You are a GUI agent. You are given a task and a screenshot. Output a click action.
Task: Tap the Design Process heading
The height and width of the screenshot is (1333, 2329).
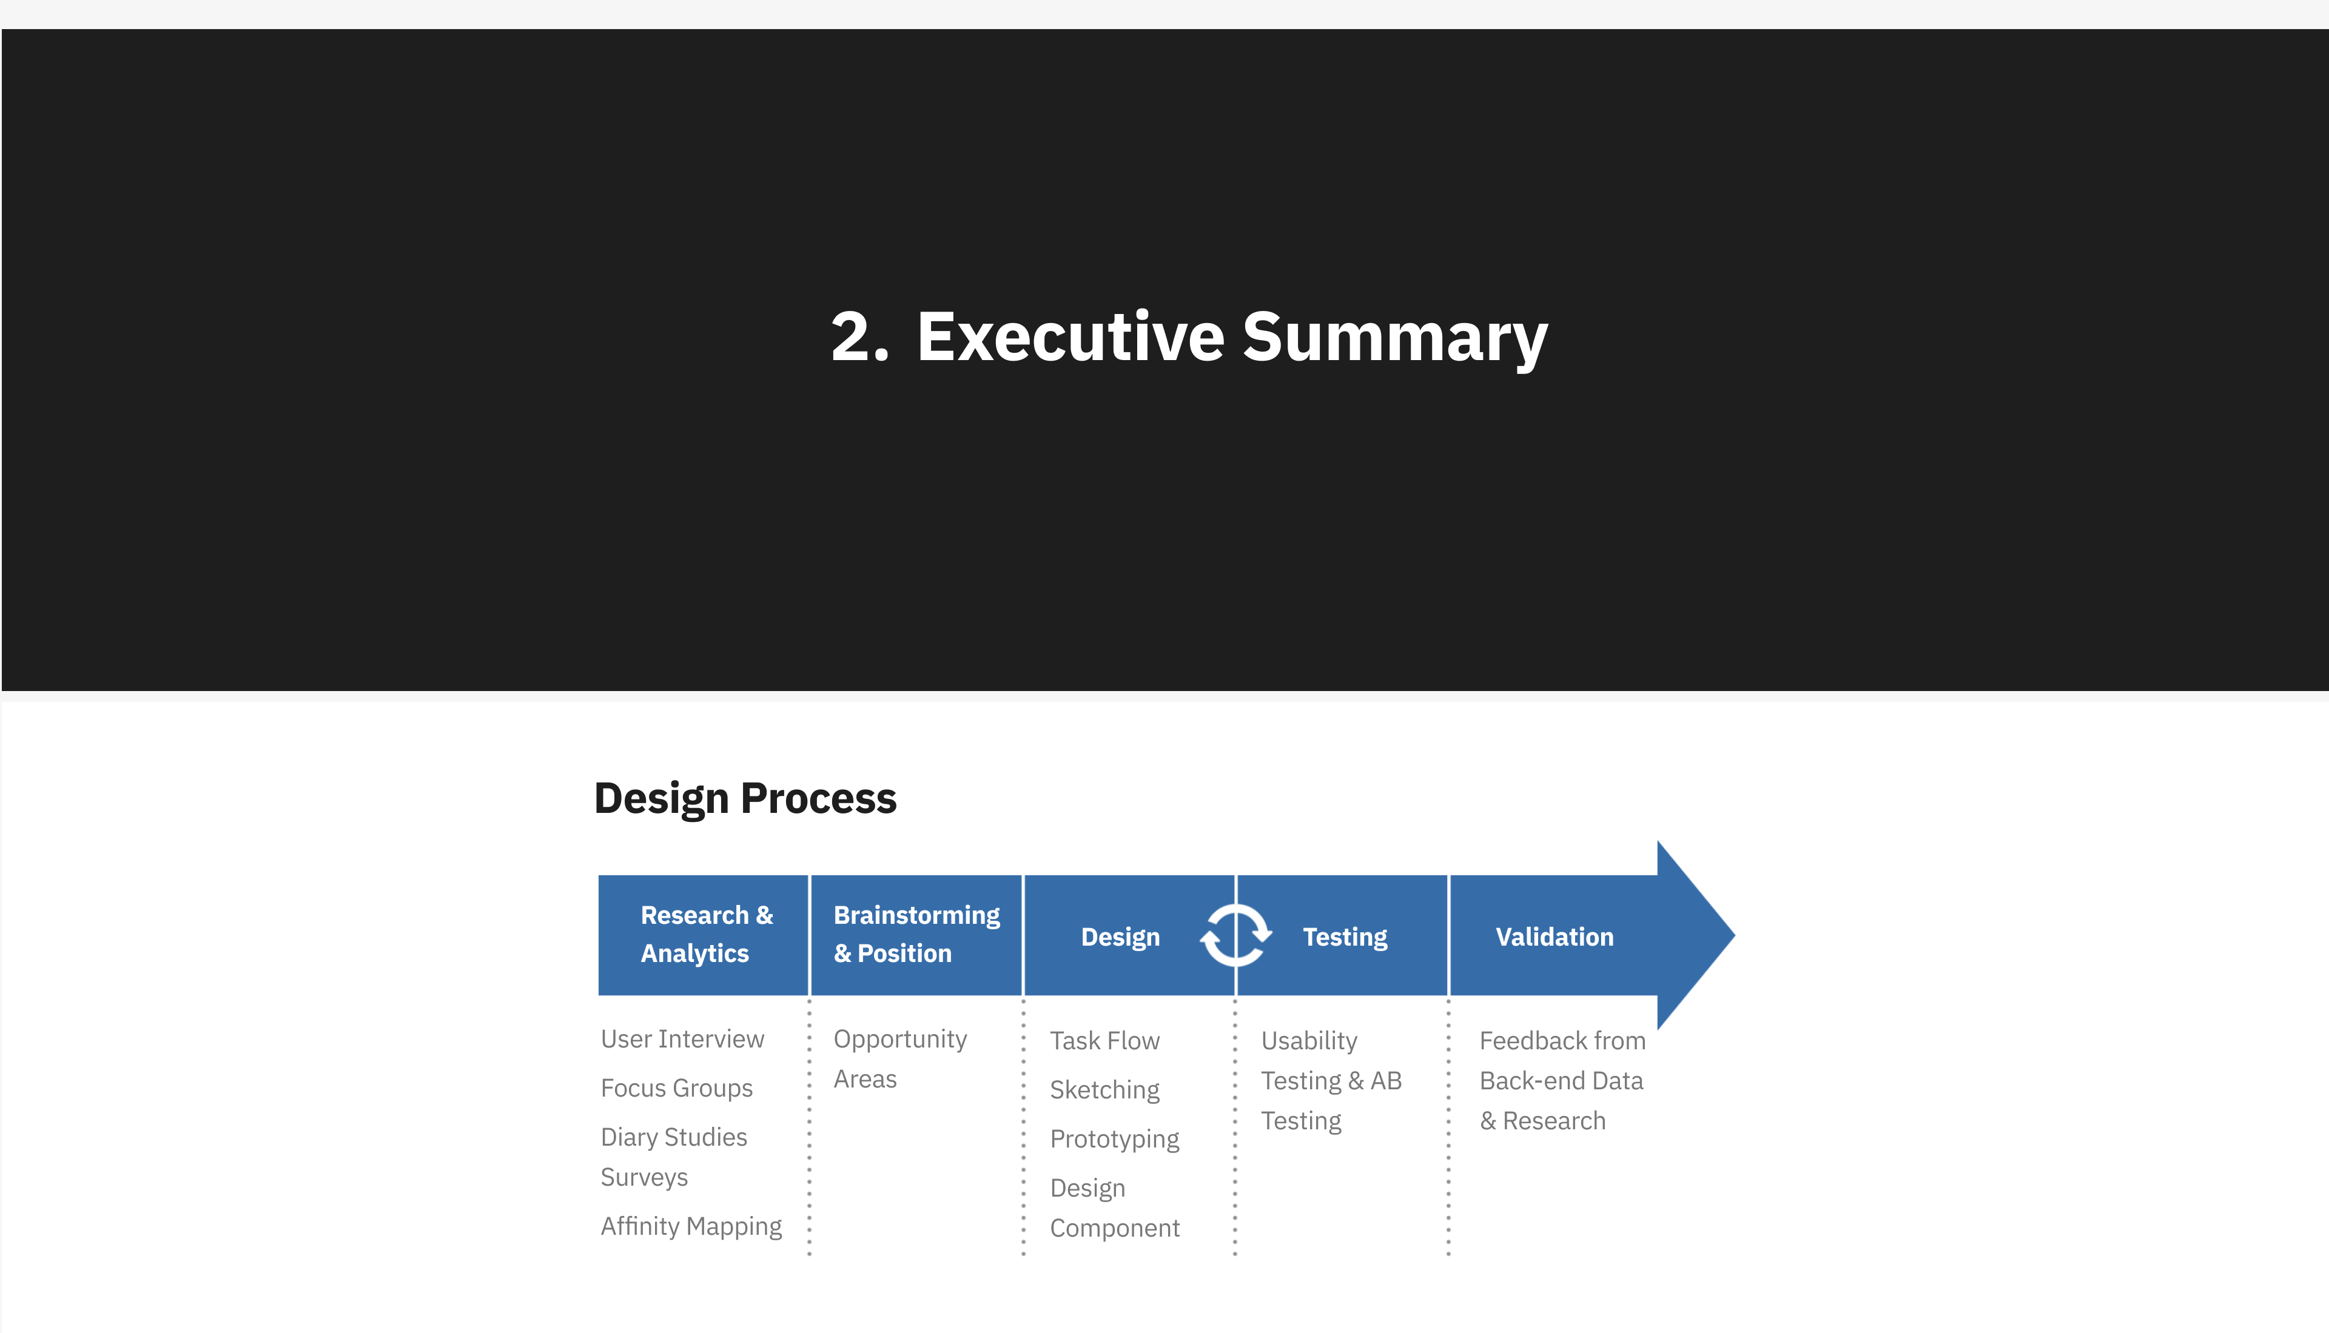745,798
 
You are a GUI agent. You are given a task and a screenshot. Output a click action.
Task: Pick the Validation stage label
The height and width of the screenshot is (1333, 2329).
1554,937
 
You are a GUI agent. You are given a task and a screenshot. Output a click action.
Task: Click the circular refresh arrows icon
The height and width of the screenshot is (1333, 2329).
1235,935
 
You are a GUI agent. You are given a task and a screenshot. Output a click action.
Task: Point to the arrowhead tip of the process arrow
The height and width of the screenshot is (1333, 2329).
1733,935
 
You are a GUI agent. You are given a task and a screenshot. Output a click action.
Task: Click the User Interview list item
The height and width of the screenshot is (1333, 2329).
682,1039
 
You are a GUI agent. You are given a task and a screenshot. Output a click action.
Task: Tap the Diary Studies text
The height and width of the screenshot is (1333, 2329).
674,1137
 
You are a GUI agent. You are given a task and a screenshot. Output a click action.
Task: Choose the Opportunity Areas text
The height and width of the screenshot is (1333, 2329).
900,1059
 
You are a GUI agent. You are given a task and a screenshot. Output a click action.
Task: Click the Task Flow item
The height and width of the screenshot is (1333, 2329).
1104,1041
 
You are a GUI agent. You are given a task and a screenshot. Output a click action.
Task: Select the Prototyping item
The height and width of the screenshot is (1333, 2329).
1115,1139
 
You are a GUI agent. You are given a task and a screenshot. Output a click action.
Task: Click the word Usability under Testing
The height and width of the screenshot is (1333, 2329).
1309,1041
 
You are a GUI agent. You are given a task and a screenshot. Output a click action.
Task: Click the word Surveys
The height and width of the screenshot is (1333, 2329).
644,1177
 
